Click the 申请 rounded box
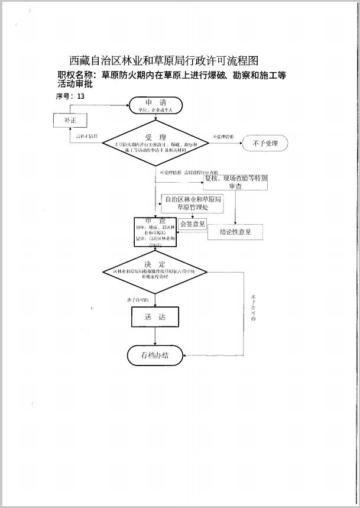point(156,105)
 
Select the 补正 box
point(70,120)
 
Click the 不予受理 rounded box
point(264,143)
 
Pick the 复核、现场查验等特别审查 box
point(235,182)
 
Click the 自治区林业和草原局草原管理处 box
point(193,203)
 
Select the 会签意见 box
point(193,224)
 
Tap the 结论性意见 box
point(235,232)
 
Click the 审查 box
point(155,231)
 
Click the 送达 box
point(154,317)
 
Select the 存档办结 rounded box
point(155,355)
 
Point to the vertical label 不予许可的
point(253,308)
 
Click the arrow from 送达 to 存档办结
point(155,336)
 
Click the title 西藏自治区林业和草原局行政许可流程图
point(164,60)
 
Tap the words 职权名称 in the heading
point(77,75)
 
